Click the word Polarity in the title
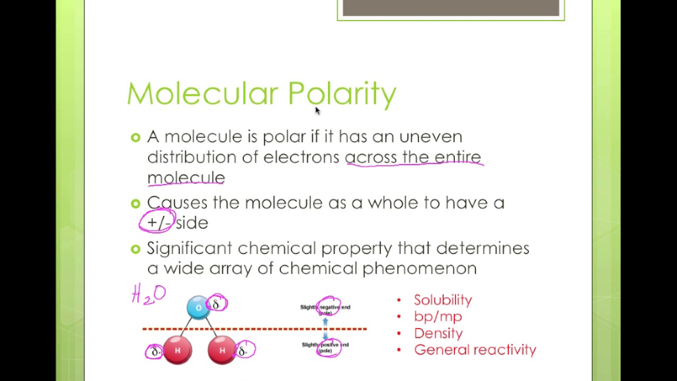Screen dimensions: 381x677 pyautogui.click(x=342, y=94)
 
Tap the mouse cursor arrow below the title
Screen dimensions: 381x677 pyautogui.click(x=317, y=111)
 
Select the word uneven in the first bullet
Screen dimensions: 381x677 pyautogui.click(x=431, y=137)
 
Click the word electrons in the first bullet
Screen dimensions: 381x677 pyautogui.click(x=301, y=157)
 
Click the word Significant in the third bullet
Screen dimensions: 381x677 pyautogui.click(x=189, y=248)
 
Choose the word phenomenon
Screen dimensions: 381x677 pyautogui.click(x=419, y=268)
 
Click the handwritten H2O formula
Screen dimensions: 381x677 pyautogui.click(x=149, y=294)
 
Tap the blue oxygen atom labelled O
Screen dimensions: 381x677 pyautogui.click(x=198, y=307)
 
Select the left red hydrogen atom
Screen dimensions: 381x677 pyautogui.click(x=177, y=350)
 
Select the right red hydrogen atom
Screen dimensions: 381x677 pyautogui.click(x=222, y=350)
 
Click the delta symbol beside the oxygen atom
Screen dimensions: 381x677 pyautogui.click(x=217, y=304)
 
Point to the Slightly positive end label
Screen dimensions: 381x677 pyautogui.click(x=325, y=347)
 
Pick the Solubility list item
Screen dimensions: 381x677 pyautogui.click(x=443, y=300)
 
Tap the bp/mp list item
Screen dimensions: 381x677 pyautogui.click(x=438, y=316)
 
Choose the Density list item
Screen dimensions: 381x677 pyautogui.click(x=438, y=333)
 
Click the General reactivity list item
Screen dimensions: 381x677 pyautogui.click(x=475, y=350)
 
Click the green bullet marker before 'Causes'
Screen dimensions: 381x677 pyautogui.click(x=135, y=203)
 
